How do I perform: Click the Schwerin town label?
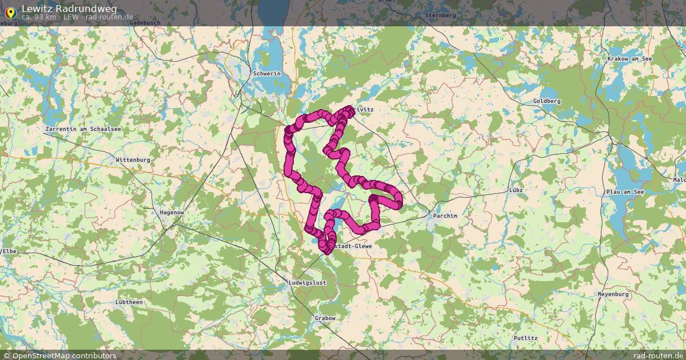tap(267, 74)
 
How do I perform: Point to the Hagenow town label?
tap(171, 212)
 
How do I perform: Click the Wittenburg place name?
tap(133, 160)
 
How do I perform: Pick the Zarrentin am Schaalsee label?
tap(83, 130)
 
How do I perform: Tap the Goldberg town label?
tap(547, 101)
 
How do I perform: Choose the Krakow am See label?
tap(630, 59)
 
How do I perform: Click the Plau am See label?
tap(625, 192)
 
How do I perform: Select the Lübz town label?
tap(516, 189)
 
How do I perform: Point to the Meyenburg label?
tap(613, 294)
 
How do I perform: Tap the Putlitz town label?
tap(525, 338)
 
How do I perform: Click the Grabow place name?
tap(325, 318)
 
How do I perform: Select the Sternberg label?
tap(440, 15)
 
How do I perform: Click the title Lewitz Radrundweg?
tap(69, 8)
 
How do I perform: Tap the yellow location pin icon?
tap(10, 11)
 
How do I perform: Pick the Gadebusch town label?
tap(145, 23)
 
